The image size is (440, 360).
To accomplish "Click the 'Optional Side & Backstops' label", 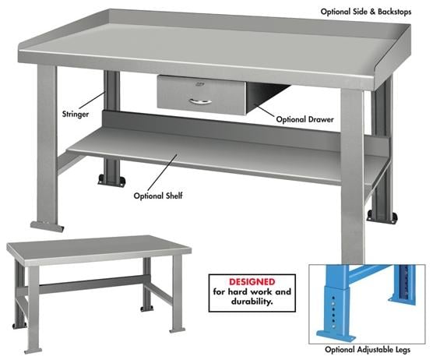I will [378, 12].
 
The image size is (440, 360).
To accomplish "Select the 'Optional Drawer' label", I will [304, 119].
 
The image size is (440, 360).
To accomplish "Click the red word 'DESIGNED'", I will [252, 281].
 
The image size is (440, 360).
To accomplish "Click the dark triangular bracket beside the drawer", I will [261, 97].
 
